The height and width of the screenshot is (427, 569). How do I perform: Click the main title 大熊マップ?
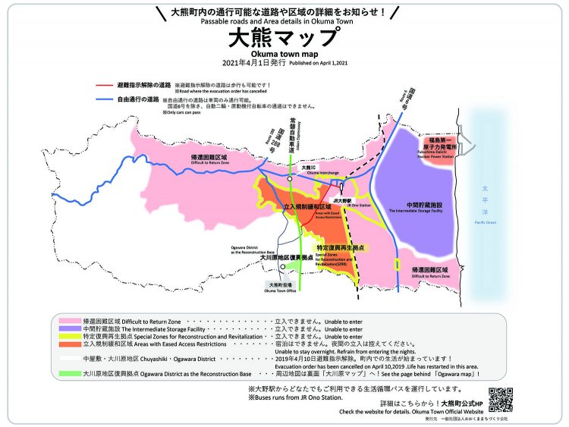click(284, 37)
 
